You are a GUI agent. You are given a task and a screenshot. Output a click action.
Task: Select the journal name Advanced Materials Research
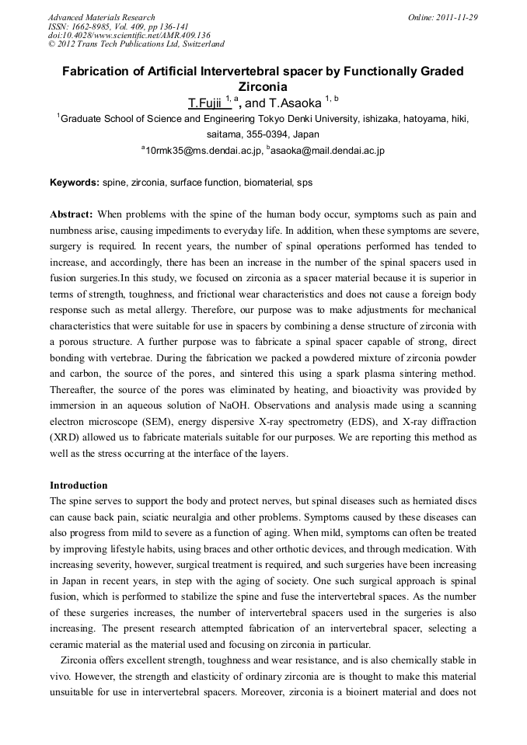101,17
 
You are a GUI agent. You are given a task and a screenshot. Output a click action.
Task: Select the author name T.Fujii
204,103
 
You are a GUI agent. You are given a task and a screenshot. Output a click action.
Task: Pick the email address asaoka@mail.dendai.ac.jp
327,150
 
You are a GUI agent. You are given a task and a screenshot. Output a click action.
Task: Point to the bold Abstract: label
72,214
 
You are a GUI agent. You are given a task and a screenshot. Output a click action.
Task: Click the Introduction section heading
79,486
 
